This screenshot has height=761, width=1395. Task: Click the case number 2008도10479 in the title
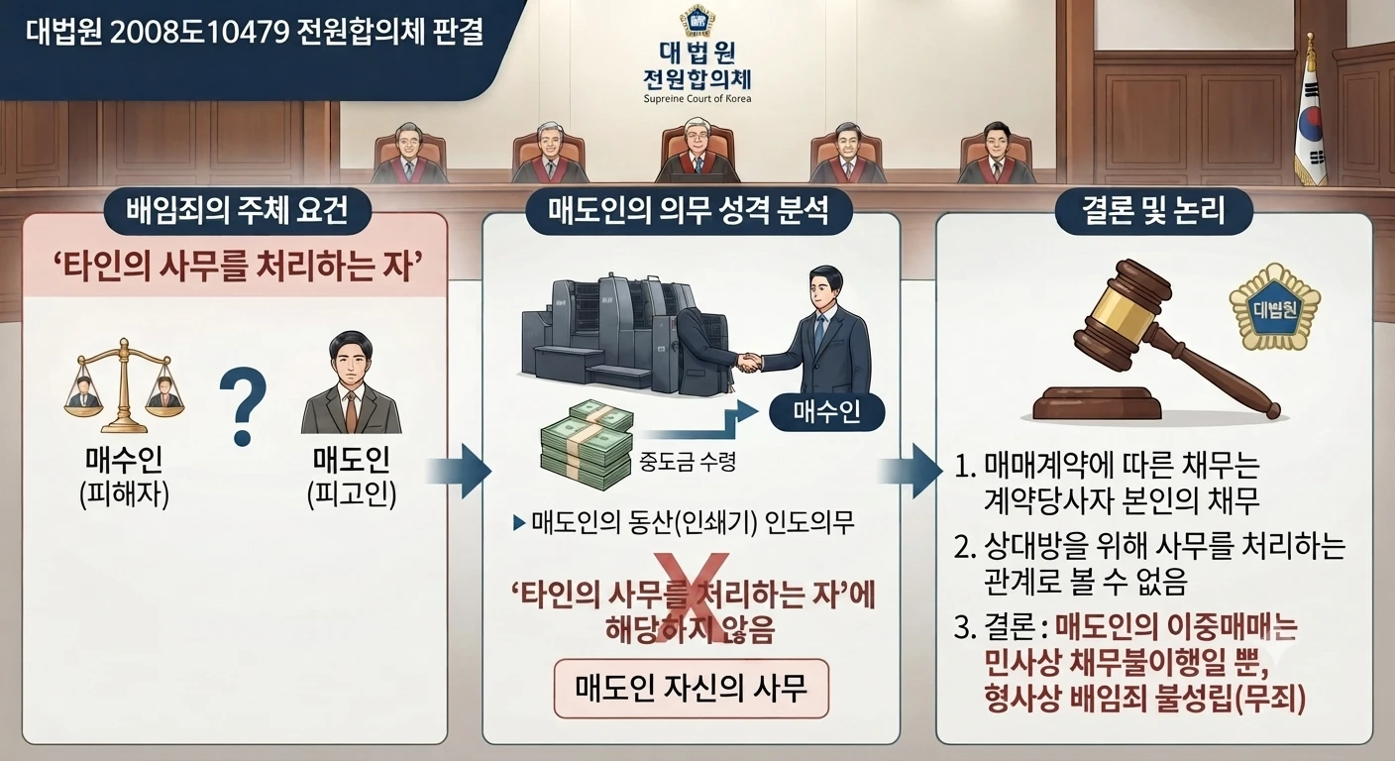(x=199, y=33)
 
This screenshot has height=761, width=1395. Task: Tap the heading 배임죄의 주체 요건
(x=237, y=210)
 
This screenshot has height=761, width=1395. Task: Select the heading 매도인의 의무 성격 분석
(x=689, y=210)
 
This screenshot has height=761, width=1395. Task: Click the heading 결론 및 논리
(x=1153, y=210)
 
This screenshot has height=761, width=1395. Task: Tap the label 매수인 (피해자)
(x=124, y=478)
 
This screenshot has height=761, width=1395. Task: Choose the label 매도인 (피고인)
(x=352, y=478)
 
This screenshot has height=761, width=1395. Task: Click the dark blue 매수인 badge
(x=827, y=411)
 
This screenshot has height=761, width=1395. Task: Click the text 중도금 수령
(x=688, y=462)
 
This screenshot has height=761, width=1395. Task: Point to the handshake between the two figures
(x=749, y=362)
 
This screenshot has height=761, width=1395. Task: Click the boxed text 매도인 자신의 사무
(x=692, y=689)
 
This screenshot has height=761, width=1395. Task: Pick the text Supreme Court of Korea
(x=697, y=99)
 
